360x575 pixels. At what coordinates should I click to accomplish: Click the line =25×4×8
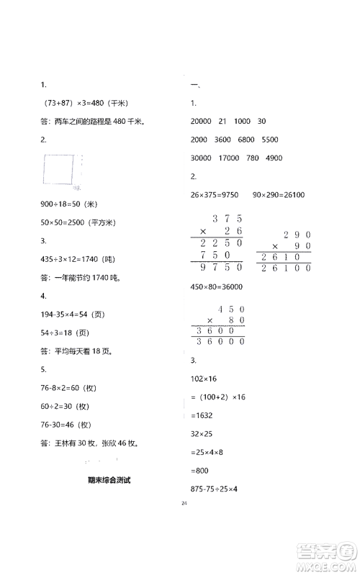205,452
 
